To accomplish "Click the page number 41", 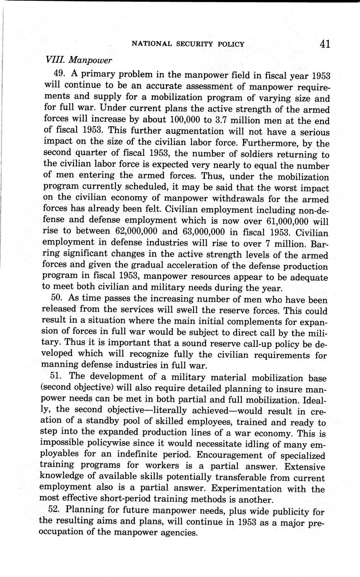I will coord(324,43).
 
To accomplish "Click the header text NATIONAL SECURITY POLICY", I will coord(188,44).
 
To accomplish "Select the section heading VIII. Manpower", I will coord(78,60).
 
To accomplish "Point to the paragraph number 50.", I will coord(58,299).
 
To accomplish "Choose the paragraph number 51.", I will coord(57,376).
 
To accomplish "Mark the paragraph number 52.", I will coord(57,510).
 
